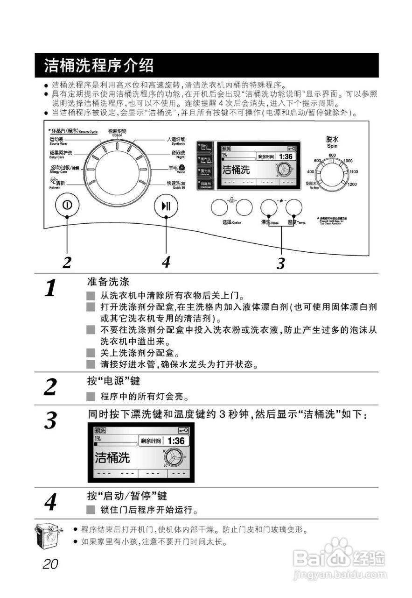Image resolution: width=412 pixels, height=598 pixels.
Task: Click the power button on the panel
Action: point(67,206)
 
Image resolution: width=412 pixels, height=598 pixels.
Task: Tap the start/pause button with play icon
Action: point(166,206)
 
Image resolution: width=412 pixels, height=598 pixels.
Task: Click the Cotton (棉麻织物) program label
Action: point(117,132)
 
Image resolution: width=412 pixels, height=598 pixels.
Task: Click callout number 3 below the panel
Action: point(280,264)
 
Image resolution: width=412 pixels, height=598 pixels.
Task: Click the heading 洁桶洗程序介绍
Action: point(99,66)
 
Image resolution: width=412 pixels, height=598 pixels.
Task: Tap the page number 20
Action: point(50,564)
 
